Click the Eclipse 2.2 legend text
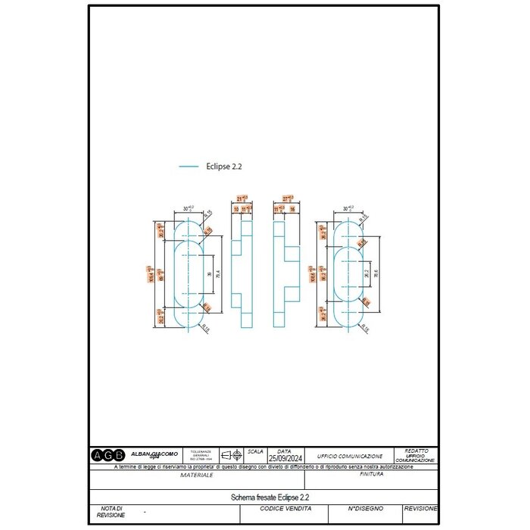(224, 166)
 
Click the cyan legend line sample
(189, 166)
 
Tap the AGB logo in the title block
(108, 455)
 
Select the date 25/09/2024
(283, 458)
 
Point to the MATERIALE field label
(196, 475)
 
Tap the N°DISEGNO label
(366, 509)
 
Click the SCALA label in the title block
(255, 450)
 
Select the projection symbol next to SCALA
(231, 455)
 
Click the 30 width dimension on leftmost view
(187, 207)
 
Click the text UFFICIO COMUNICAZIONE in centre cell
(350, 457)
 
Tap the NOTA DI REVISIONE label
(111, 512)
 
